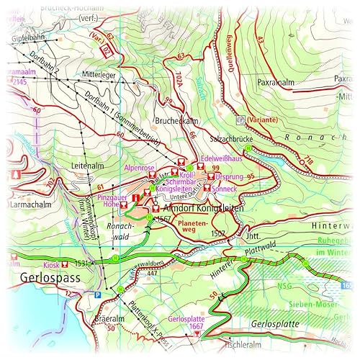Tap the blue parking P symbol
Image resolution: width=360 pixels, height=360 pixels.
pos(98,294)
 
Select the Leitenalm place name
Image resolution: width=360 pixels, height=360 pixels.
pos(89,165)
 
